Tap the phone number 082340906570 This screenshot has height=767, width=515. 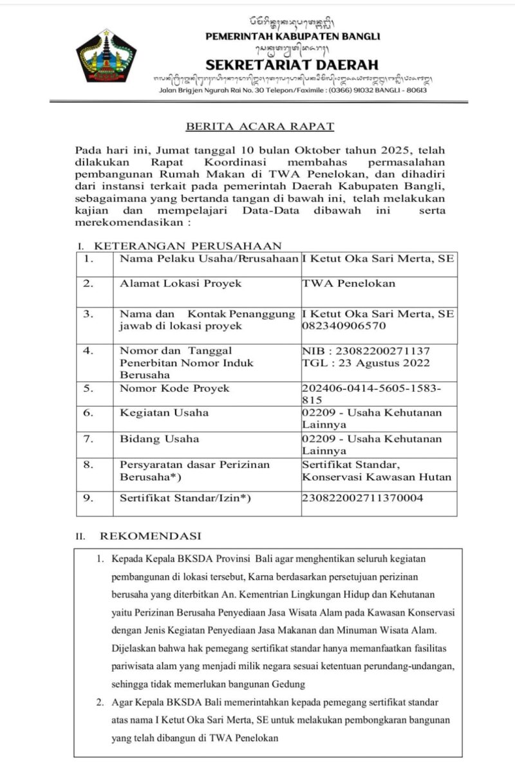[344, 326]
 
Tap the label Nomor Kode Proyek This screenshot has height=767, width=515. [174, 388]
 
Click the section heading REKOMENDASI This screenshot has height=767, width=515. [150, 535]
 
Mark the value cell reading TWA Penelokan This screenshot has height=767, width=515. [349, 283]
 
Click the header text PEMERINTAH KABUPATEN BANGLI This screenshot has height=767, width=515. [292, 36]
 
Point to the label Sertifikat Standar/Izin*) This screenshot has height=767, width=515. [185, 498]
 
